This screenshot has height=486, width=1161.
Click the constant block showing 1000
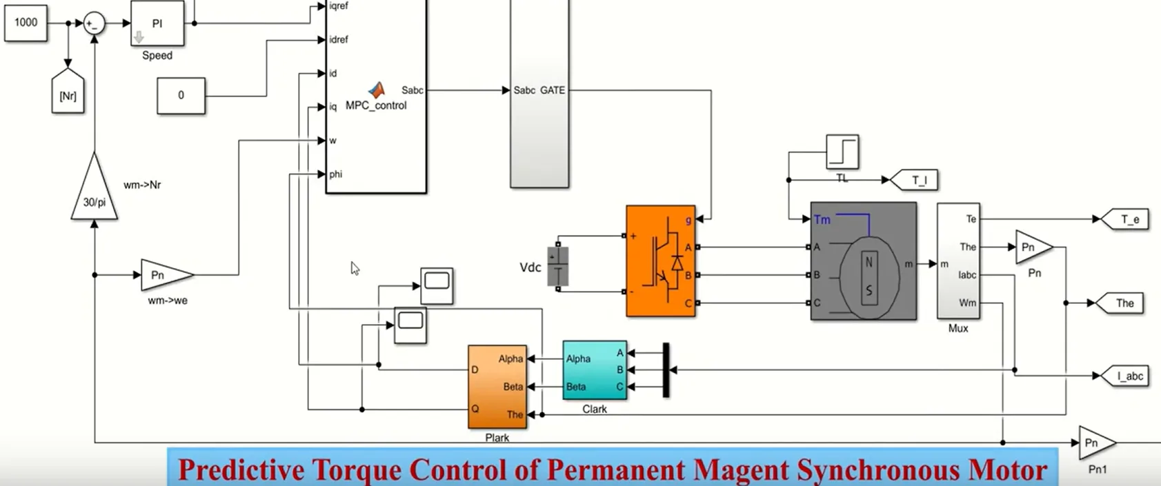(26, 23)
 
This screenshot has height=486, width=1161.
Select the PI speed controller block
(157, 23)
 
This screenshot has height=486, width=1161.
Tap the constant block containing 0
(181, 95)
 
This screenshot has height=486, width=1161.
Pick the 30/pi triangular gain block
(95, 193)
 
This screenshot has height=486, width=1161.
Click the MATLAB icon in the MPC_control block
(376, 90)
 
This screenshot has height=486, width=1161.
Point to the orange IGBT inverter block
(660, 261)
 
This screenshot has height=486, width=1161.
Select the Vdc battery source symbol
(558, 265)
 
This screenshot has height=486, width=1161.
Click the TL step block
(842, 152)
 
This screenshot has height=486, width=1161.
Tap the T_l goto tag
(916, 181)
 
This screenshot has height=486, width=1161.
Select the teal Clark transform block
(594, 370)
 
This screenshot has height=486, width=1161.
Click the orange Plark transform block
(497, 386)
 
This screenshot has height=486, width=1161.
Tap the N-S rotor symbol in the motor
(869, 276)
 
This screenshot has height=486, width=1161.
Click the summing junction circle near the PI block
(94, 24)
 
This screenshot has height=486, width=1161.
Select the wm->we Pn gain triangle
(164, 275)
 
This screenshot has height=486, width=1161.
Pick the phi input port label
(336, 174)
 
